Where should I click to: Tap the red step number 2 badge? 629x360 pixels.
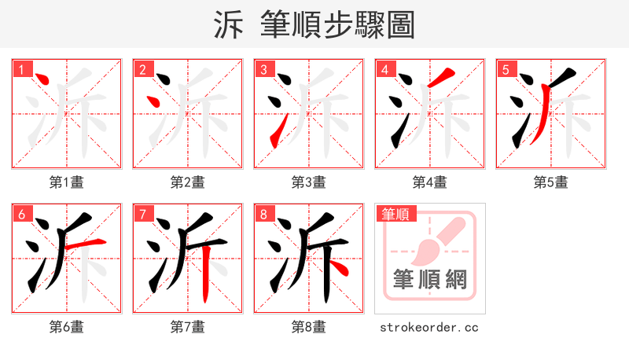pos(142,69)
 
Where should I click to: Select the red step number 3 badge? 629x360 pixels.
pos(263,69)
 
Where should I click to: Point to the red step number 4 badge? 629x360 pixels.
pos(384,69)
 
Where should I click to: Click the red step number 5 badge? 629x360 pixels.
pos(506,69)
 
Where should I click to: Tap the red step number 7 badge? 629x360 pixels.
pos(142,214)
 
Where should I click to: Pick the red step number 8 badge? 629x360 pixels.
pos(263,214)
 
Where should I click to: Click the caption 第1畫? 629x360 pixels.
pos(67,182)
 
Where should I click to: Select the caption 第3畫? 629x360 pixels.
pos(309,182)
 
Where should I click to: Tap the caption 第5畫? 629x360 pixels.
pos(551,182)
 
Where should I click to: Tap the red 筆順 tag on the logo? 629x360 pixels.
pos(395,214)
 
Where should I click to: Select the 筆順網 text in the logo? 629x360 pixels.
pos(429,279)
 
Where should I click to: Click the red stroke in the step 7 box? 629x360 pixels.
pos(205,275)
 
